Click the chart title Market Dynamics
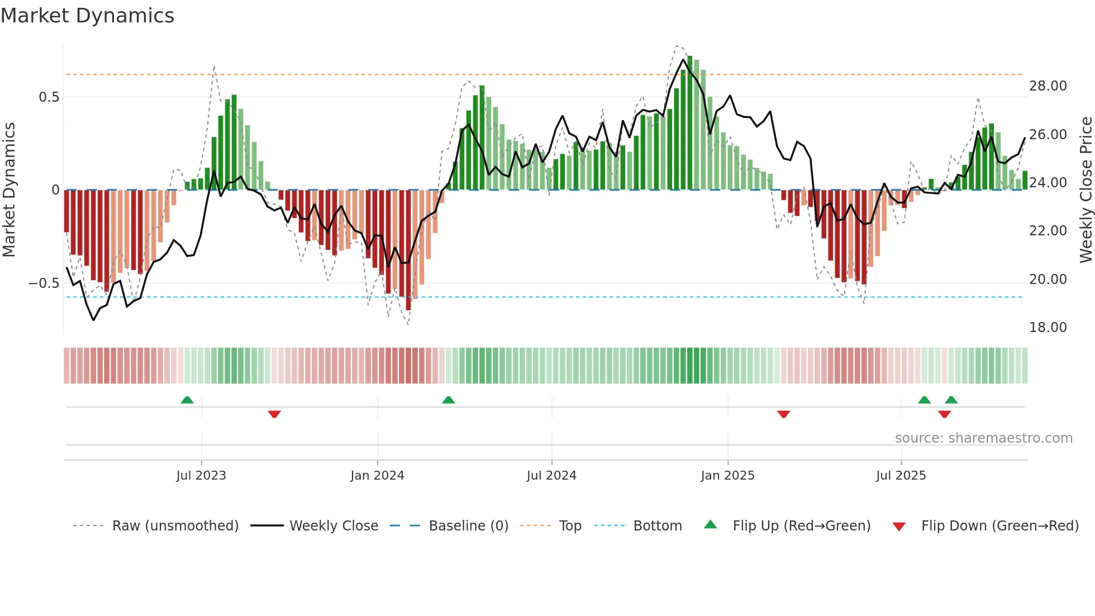coord(87,16)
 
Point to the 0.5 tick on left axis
coord(49,97)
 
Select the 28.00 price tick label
coord(1048,86)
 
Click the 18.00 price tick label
coord(1048,328)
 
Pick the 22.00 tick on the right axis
coord(1048,231)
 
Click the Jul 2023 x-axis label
coord(201,476)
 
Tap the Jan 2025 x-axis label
coord(727,476)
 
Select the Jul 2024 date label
coord(551,476)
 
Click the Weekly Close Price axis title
coord(1086,190)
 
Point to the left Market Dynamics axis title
coord(9,190)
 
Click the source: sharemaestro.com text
coord(983,438)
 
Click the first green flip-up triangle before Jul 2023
coord(187,400)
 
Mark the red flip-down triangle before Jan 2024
coord(274,414)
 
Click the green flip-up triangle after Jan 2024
coord(448,400)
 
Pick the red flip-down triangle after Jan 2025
coord(783,414)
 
